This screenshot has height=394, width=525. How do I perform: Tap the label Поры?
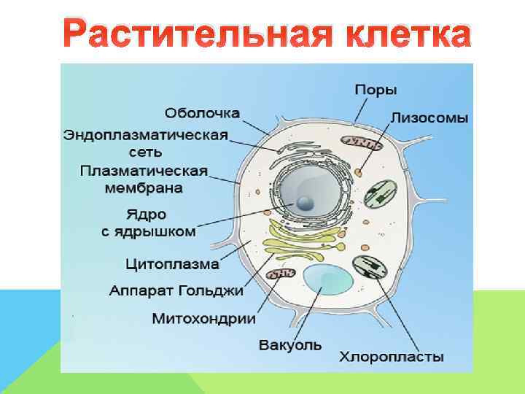[x=376, y=90]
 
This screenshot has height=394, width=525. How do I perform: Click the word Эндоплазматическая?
[x=146, y=135]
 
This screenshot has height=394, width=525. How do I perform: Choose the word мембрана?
[x=142, y=188]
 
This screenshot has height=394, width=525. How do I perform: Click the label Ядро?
[x=146, y=215]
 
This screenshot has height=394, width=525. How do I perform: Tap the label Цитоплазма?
[x=173, y=262]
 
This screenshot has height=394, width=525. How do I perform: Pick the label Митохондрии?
[x=203, y=319]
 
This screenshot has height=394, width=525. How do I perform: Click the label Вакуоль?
[x=289, y=344]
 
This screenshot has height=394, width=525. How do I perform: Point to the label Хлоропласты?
[x=391, y=357]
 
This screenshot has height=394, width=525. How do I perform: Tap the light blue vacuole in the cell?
[x=325, y=284]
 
